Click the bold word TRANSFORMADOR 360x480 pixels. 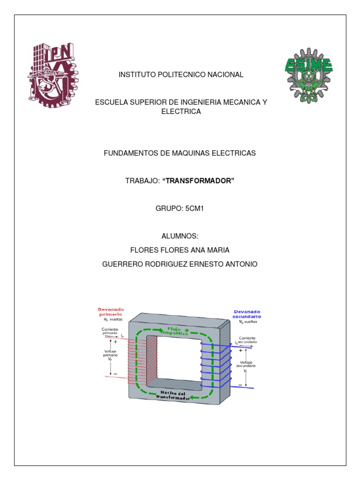[198, 181]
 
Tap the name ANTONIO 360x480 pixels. [240, 264]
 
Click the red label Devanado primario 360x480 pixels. [111, 312]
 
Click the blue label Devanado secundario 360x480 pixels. [247, 314]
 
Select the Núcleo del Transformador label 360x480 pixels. [174, 395]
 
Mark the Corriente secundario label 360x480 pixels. [247, 340]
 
